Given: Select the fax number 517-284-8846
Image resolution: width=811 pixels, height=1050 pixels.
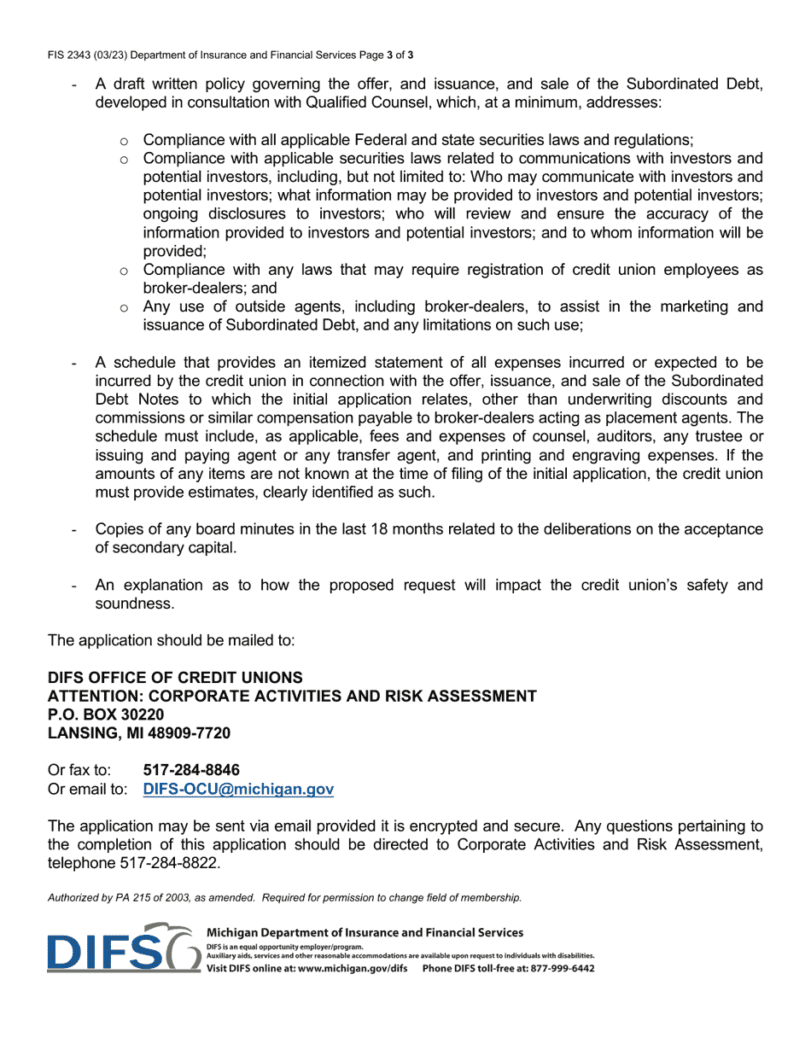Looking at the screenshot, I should [191, 770].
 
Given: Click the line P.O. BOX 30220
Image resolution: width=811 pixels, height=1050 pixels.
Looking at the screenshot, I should [106, 715].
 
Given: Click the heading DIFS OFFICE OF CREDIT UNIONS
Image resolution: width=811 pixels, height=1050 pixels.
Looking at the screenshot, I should [175, 678].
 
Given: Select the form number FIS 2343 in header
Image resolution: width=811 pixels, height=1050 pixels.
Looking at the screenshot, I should [73, 55].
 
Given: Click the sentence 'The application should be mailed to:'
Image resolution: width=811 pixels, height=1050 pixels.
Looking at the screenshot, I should [171, 640].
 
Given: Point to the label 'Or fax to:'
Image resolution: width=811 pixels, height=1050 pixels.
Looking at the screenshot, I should [79, 770].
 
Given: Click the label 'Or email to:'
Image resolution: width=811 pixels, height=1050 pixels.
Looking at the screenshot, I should [87, 790].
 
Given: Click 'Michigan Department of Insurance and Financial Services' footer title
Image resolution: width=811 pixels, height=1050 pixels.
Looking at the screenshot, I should [365, 933].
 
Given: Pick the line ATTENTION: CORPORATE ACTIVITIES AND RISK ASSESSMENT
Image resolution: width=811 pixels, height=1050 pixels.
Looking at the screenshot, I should [292, 697].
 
